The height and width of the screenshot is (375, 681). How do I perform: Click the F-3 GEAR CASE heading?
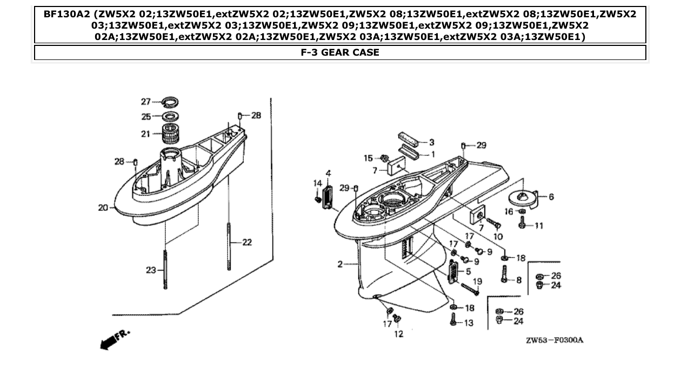340,52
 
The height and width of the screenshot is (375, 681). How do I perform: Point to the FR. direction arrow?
113,338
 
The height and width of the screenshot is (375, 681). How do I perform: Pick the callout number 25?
146,117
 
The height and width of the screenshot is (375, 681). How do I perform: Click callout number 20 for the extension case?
103,207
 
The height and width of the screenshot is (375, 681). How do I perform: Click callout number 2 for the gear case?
340,264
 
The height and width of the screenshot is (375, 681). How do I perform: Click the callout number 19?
477,281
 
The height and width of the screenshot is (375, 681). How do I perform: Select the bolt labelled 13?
453,320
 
